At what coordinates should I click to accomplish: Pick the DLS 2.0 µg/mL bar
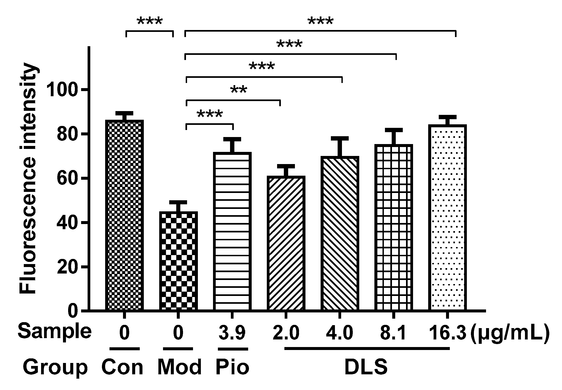point(286,243)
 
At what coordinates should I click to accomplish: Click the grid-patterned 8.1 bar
point(394,227)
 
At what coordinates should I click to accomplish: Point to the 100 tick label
point(64,90)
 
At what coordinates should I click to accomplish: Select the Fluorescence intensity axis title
point(28,178)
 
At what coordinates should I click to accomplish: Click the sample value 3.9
point(232,333)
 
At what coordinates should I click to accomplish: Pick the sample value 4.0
point(340,333)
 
